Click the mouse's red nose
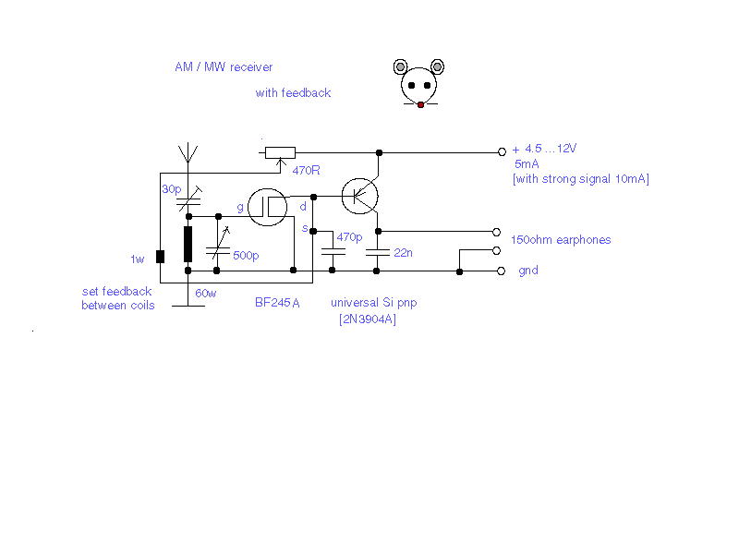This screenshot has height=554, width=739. point(420,105)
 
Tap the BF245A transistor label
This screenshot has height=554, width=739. point(277,303)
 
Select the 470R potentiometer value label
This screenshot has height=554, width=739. point(306,170)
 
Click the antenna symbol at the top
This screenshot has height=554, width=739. point(188,152)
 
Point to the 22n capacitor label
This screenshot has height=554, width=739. point(403,253)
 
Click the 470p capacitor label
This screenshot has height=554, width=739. point(349,237)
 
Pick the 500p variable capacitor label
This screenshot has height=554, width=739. point(246,256)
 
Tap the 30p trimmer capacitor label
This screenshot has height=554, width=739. point(172,189)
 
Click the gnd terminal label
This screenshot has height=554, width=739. point(528,271)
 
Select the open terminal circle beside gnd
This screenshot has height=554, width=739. point(501,271)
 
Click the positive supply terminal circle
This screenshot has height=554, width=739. point(502,151)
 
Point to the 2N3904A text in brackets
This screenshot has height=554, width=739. point(368,319)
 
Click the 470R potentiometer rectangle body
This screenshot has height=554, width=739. point(280,152)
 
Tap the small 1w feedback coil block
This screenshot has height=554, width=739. point(160,257)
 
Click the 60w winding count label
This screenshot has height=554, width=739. point(205,294)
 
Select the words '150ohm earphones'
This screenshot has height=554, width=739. point(561,240)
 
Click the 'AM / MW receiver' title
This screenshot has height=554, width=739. point(224,66)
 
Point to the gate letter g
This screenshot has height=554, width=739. point(240,207)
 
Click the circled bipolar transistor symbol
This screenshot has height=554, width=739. point(359,196)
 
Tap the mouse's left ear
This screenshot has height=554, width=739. point(400,66)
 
